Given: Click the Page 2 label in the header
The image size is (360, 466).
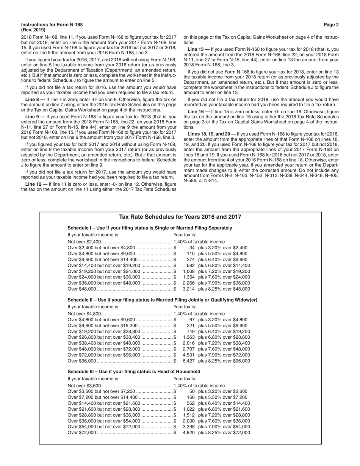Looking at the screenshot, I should click(x=331, y=25).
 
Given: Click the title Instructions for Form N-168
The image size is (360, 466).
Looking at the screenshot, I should click(x=52, y=25).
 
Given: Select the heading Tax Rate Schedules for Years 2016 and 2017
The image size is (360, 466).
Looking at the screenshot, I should click(x=180, y=217).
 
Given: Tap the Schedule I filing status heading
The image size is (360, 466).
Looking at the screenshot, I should click(x=150, y=228).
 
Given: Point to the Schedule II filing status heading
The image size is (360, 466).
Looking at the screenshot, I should click(x=162, y=300).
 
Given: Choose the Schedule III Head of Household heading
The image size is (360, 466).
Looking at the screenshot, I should click(x=134, y=372).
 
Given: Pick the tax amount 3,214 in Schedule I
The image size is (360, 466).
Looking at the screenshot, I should click(x=188, y=289).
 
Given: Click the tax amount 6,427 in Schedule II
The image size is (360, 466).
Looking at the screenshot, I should click(x=188, y=361).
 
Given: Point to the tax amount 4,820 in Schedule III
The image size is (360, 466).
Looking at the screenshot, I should click(x=188, y=433).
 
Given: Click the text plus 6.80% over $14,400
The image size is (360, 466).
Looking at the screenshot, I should click(x=224, y=266).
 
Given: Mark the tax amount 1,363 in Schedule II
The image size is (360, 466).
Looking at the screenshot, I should click(x=188, y=337).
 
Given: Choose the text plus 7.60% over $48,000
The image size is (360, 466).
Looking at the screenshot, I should click(x=224, y=349).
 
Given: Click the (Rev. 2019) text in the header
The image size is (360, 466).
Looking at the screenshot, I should click(x=33, y=30).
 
